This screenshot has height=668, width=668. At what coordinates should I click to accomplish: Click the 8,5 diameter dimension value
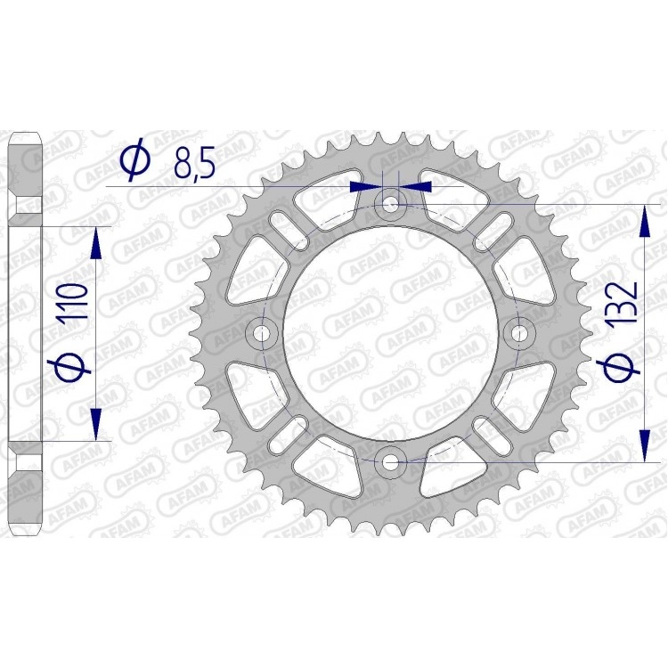pyautogui.click(x=194, y=162)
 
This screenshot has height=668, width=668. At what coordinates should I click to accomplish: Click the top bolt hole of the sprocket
pyautogui.click(x=390, y=206)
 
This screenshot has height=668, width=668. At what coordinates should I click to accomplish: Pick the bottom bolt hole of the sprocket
pyautogui.click(x=390, y=461)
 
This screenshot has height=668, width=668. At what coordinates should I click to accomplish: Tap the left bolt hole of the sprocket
pyautogui.click(x=263, y=333)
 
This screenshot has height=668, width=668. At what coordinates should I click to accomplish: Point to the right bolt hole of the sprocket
pyautogui.click(x=518, y=333)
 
